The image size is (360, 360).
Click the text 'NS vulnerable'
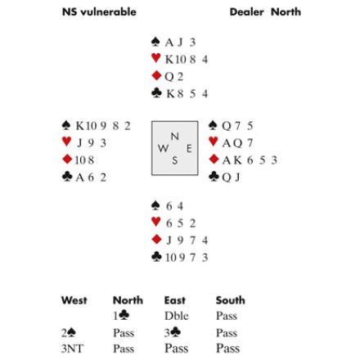[99, 12]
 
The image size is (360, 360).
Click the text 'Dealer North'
[265, 12]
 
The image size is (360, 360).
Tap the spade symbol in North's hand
[155, 42]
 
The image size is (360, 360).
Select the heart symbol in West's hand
[66, 142]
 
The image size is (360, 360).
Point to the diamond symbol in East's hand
[214, 160]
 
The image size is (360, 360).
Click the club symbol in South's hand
[156, 257]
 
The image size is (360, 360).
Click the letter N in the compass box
[175, 137]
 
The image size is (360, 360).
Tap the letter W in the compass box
[163, 148]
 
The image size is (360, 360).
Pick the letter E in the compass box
[189, 149]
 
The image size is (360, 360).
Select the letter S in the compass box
[175, 160]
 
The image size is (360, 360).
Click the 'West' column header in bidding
[74, 300]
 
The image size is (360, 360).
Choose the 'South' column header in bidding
[231, 300]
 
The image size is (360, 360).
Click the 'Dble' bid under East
[177, 316]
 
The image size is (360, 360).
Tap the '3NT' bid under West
[72, 349]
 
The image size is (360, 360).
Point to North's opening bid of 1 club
[121, 315]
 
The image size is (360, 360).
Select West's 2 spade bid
[69, 332]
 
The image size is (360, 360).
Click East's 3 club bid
[173, 332]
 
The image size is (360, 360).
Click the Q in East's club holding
[226, 178]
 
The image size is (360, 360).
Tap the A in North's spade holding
[169, 43]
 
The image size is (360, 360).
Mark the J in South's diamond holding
[169, 241]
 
